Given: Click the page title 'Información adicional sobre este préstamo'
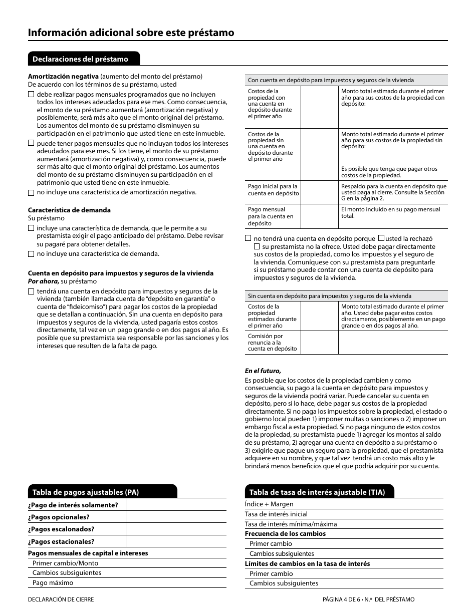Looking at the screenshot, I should point(131,33).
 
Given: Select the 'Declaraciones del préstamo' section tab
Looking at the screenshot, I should point(80,59).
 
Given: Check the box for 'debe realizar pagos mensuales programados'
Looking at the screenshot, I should point(31,94).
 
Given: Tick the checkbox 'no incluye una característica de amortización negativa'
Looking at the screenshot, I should point(31,192).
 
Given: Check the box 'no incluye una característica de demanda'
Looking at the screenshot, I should point(31,254).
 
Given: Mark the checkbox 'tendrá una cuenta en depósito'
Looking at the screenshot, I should point(31,291).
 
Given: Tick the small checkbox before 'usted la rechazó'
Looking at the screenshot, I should point(381,238).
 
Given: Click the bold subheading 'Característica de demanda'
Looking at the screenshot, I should point(69,210).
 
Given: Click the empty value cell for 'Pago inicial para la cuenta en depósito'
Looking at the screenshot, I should point(319,192).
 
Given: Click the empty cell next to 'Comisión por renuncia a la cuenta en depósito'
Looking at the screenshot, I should point(319,343).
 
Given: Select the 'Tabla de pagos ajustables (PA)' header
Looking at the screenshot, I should point(85,492).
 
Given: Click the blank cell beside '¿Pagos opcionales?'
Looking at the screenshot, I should point(176,517).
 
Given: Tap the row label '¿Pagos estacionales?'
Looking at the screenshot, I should point(61,541).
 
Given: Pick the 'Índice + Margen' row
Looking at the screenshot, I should point(269,504).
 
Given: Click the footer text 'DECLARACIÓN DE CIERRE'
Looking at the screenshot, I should point(61,599).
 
